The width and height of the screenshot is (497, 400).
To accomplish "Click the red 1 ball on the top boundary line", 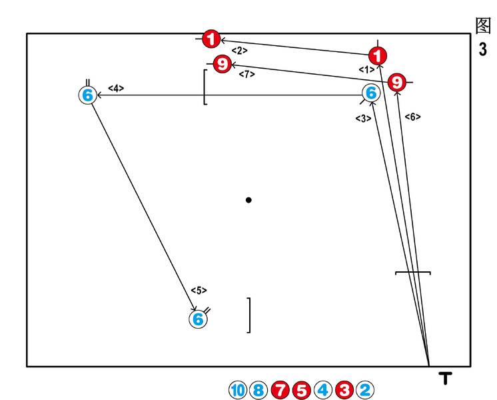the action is pyautogui.click(x=211, y=39).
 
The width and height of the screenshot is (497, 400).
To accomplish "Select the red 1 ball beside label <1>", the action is pyautogui.click(x=378, y=56).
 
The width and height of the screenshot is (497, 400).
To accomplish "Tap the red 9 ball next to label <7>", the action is pyautogui.click(x=223, y=64).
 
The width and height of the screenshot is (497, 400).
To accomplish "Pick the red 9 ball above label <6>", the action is pyautogui.click(x=397, y=82).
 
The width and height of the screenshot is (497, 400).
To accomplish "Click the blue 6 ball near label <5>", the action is pyautogui.click(x=198, y=319).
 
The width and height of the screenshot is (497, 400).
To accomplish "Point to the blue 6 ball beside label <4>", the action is pyautogui.click(x=88, y=95).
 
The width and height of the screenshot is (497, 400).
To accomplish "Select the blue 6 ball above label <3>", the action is pyautogui.click(x=371, y=93).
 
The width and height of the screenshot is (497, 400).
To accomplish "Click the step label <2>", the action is pyautogui.click(x=240, y=51).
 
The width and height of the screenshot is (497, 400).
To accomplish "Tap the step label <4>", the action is pyautogui.click(x=116, y=89).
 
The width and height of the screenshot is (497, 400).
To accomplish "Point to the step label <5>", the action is pyautogui.click(x=199, y=290).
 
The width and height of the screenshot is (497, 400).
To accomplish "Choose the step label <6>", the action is pyautogui.click(x=412, y=117).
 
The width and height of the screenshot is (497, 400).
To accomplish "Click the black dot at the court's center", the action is pyautogui.click(x=248, y=200).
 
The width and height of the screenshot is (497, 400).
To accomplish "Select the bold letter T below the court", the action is pyautogui.click(x=445, y=378).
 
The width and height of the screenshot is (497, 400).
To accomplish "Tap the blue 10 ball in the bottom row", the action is pyautogui.click(x=237, y=390).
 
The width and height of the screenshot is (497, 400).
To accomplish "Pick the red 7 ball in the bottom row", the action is pyautogui.click(x=280, y=390).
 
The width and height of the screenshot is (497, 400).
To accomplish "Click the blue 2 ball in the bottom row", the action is pyautogui.click(x=365, y=390).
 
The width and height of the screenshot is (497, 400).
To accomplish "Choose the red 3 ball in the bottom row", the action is pyautogui.click(x=344, y=390).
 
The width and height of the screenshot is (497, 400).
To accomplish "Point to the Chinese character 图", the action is pyautogui.click(x=483, y=25).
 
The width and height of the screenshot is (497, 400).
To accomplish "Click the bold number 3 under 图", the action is pyautogui.click(x=483, y=49).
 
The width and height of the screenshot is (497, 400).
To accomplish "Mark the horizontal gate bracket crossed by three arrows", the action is pyautogui.click(x=412, y=272).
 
